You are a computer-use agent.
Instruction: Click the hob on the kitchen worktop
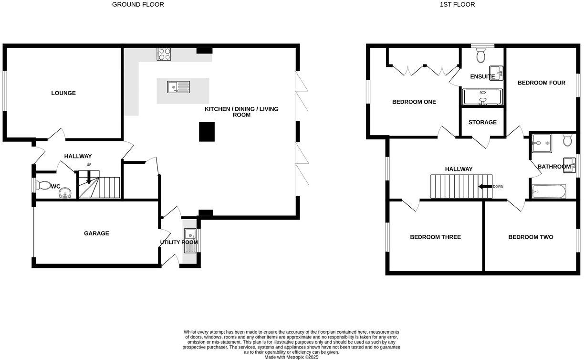tap(164, 54)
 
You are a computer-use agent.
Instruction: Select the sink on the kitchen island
tap(178, 87)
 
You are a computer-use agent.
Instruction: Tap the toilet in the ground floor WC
tap(43, 185)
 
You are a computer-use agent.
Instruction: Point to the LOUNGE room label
tap(63, 93)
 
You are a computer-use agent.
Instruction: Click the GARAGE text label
tap(96, 233)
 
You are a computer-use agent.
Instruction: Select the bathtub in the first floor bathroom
tap(548, 191)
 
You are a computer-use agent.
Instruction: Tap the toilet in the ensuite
tap(481, 55)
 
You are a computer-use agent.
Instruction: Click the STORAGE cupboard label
tap(482, 122)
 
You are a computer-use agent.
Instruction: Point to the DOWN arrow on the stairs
tap(486, 187)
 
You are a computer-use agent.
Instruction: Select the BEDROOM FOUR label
tap(542, 83)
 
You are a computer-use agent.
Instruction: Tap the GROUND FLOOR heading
tap(138, 5)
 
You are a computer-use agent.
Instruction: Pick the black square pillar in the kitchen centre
tap(207, 131)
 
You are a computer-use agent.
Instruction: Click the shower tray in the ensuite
tap(482, 97)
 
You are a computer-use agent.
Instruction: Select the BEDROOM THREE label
tap(435, 237)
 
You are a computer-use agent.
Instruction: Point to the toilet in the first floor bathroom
tap(567, 140)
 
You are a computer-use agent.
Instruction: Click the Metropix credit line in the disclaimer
tap(292, 357)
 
